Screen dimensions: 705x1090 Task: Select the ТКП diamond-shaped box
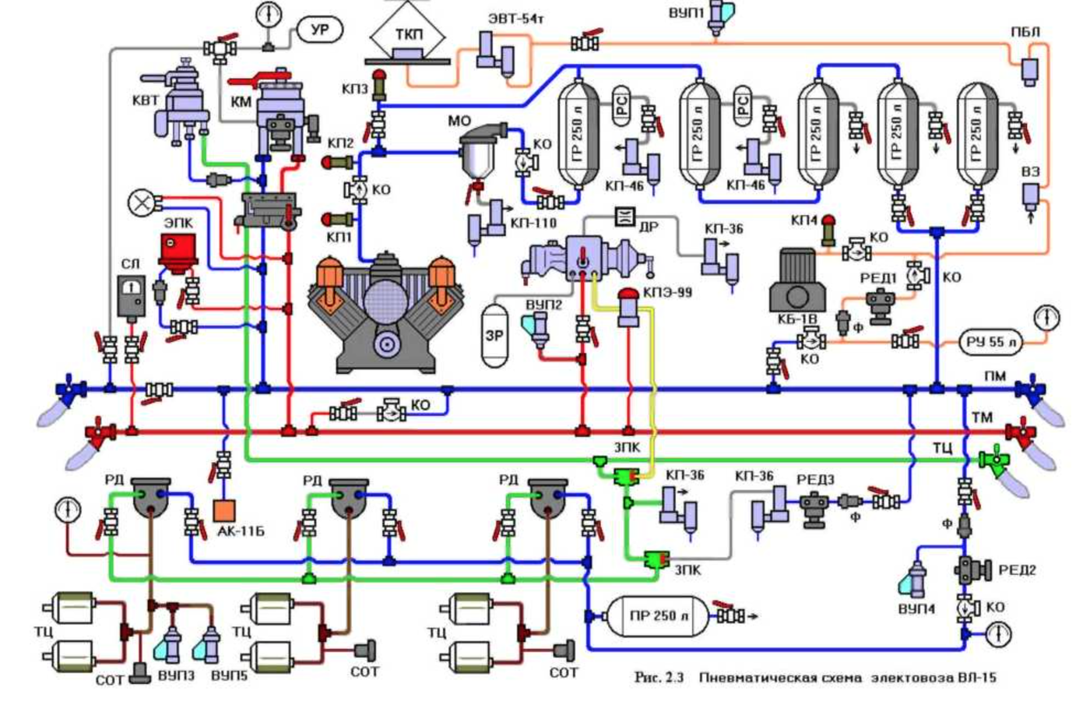click(x=407, y=36)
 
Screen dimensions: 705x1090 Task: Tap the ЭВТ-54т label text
click(x=513, y=18)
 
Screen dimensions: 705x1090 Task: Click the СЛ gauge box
click(x=132, y=295)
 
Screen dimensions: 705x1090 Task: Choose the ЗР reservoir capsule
click(x=494, y=335)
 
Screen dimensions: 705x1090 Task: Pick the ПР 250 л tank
click(x=657, y=616)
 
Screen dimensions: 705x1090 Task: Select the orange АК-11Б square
click(x=224, y=511)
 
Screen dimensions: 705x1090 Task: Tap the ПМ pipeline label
click(x=995, y=376)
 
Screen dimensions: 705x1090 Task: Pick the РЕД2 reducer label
click(x=1018, y=570)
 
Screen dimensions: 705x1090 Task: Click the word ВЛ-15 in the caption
click(x=976, y=678)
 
